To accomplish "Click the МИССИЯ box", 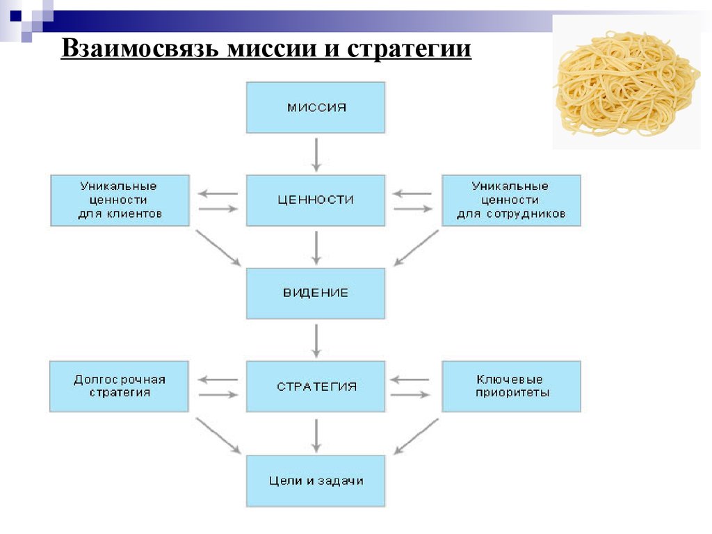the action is [x=316, y=108].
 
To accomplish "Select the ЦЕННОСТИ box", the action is [x=316, y=200].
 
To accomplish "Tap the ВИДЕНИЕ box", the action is [x=316, y=293].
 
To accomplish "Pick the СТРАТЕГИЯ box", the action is [x=316, y=387].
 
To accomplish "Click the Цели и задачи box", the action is [x=316, y=481].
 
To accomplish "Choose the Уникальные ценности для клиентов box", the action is [x=120, y=200].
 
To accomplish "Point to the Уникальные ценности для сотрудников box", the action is [x=511, y=200].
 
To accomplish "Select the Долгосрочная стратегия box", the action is [x=119, y=387].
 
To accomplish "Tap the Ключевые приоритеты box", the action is [x=511, y=387].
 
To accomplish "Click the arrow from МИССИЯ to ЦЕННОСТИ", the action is [x=316, y=154].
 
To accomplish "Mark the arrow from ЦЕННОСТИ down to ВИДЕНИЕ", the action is [x=316, y=248].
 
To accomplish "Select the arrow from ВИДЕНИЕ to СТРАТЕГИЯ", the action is [x=316, y=341].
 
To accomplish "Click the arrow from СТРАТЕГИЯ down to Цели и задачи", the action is [x=316, y=435].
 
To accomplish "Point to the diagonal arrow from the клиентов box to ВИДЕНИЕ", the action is [x=218, y=248].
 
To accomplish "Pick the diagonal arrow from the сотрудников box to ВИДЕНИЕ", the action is [x=416, y=248].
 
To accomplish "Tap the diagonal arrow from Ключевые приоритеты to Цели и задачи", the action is [x=416, y=436].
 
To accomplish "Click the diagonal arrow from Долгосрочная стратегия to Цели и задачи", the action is [x=218, y=436].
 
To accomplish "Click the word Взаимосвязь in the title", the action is [x=140, y=48].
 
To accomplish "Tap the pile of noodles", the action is [x=626, y=83].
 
